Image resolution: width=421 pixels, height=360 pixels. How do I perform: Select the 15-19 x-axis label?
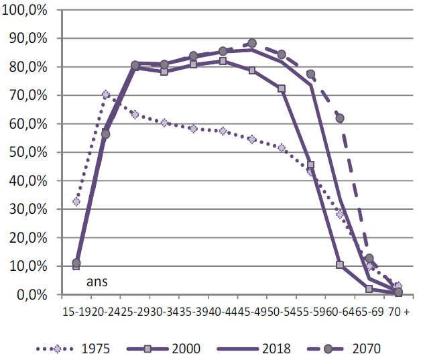(75, 312)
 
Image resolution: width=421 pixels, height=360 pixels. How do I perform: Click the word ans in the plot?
(97, 282)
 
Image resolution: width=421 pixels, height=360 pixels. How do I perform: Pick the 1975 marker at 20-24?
(105, 95)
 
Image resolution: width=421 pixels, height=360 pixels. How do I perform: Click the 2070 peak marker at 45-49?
(252, 44)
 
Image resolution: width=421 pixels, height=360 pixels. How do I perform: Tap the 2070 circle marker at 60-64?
(340, 118)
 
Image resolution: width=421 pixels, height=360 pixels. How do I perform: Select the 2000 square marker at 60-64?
(340, 265)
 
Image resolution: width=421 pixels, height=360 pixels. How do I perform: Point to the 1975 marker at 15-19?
(76, 201)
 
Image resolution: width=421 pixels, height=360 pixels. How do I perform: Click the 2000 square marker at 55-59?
(310, 164)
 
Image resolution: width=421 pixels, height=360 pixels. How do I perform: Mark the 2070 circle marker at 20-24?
(105, 134)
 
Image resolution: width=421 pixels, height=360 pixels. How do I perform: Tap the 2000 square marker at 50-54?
(281, 88)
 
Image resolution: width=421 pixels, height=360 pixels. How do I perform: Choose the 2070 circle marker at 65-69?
(369, 258)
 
